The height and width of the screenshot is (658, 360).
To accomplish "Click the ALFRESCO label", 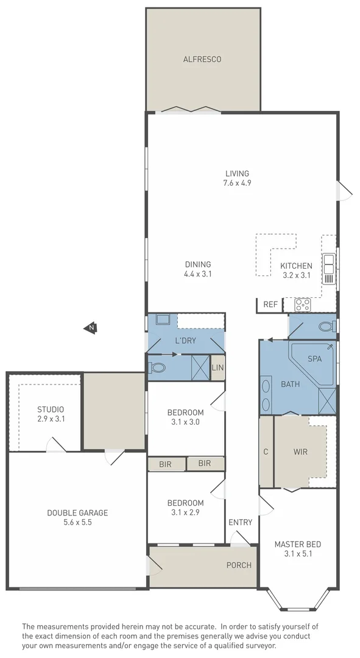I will pyautogui.click(x=202, y=60).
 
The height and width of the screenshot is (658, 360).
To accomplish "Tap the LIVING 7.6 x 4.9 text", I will pyautogui.click(x=236, y=178).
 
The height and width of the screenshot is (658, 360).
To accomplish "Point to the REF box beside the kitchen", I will pyautogui.click(x=269, y=305).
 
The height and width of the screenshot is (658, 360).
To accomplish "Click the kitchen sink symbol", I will pyautogui.click(x=329, y=269).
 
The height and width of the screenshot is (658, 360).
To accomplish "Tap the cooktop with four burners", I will pyautogui.click(x=303, y=305).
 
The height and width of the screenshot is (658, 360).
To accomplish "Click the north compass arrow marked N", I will pyautogui.click(x=90, y=328).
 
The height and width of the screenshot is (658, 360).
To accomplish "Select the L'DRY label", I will pyautogui.click(x=185, y=341).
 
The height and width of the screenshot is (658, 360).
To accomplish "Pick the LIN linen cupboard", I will pyautogui.click(x=217, y=367).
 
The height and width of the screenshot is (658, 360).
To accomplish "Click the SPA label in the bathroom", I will pyautogui.click(x=314, y=359).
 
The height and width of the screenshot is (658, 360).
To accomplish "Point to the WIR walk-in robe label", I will pyautogui.click(x=300, y=451).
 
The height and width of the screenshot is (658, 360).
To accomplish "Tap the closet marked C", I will pyautogui.click(x=266, y=451).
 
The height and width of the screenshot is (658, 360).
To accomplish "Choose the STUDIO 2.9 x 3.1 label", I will pyautogui.click(x=51, y=414).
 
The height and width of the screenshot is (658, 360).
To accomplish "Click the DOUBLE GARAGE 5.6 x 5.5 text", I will pyautogui.click(x=77, y=517).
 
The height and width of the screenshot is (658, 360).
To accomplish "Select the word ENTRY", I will pyautogui.click(x=240, y=522).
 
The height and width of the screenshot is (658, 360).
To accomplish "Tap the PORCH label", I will pyautogui.click(x=239, y=565).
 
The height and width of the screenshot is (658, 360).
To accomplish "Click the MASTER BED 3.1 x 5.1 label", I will pyautogui.click(x=297, y=549).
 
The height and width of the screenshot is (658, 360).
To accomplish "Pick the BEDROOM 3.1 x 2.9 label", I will pyautogui.click(x=185, y=508).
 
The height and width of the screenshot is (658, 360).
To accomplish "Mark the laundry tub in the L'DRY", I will pyautogui.click(x=163, y=320).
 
